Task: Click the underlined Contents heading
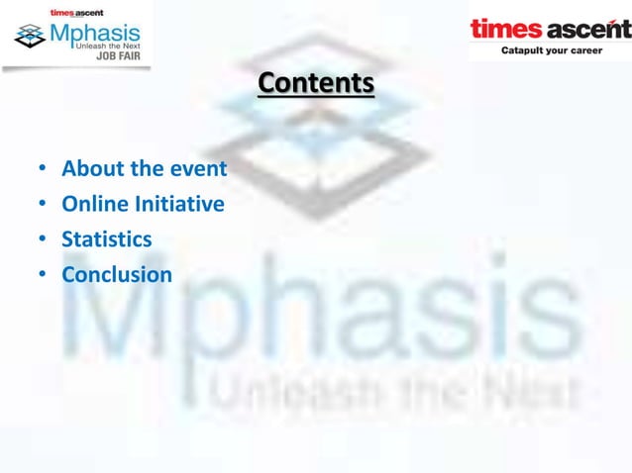316,84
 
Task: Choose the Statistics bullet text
107,239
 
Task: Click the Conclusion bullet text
117,274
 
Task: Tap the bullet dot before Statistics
43,240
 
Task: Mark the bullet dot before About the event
43,170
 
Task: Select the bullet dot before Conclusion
43,275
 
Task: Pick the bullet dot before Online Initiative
43,206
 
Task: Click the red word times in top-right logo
505,29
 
